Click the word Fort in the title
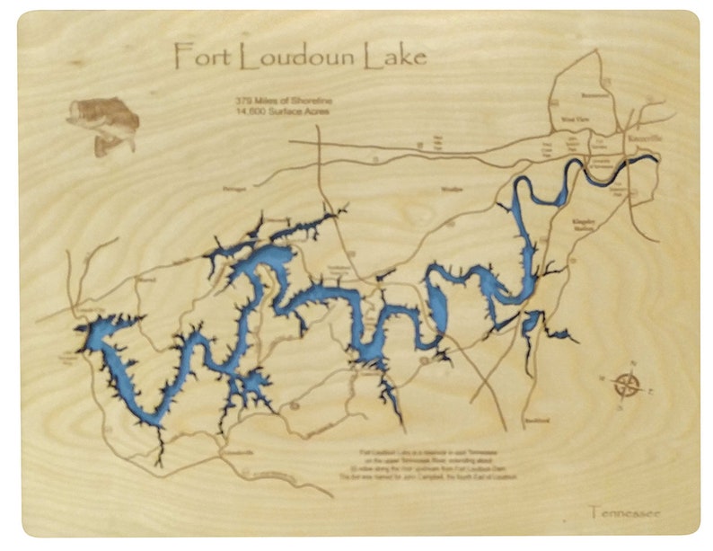196,56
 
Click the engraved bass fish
102,125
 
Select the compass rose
627,386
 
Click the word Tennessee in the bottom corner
625,513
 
